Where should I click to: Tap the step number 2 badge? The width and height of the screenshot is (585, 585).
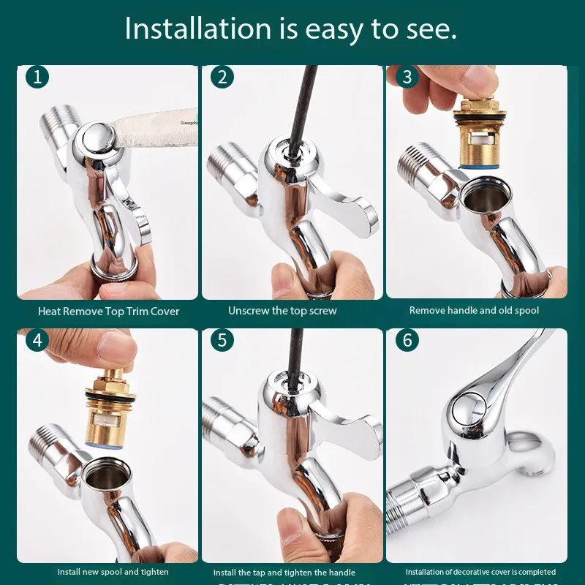tap(220, 77)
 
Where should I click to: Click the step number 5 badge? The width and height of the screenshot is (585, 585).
tap(220, 340)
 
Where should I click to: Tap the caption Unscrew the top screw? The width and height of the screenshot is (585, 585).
tap(282, 311)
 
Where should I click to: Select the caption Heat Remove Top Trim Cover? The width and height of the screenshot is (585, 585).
tap(108, 312)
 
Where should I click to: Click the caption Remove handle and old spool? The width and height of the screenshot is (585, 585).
tap(474, 311)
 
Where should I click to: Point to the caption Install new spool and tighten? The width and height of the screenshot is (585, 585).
tap(113, 572)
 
